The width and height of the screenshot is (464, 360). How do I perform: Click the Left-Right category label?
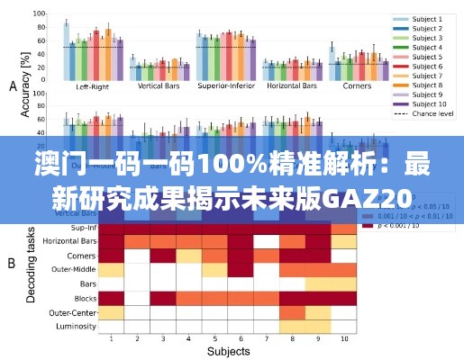(x=94, y=87)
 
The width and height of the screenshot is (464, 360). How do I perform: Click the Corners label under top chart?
(x=357, y=87)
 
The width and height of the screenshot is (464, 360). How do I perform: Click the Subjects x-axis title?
(x=228, y=352)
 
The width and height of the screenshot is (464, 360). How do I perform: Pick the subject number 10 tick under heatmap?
(x=343, y=339)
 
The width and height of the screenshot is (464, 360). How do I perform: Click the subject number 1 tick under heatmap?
(x=111, y=339)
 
